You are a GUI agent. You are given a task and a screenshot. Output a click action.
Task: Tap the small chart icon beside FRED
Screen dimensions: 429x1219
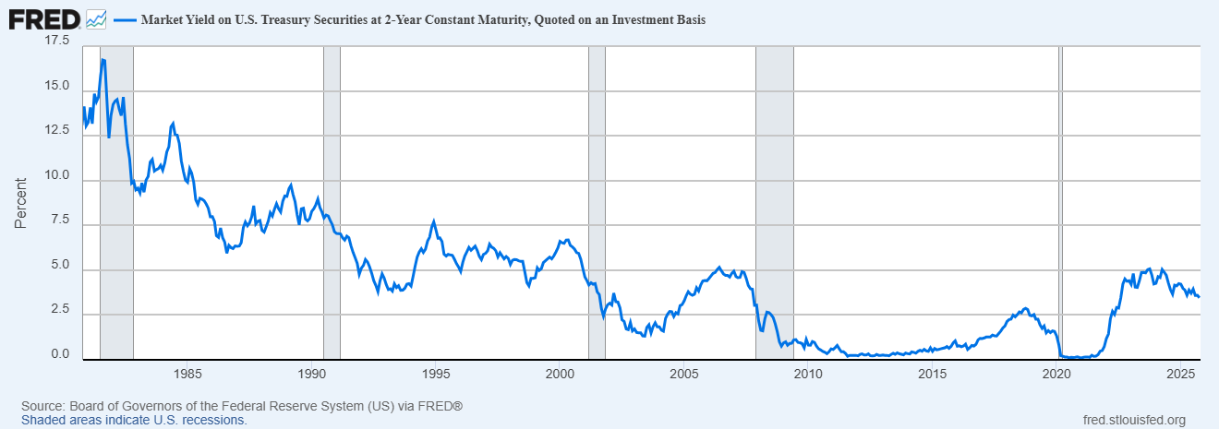pos(96,18)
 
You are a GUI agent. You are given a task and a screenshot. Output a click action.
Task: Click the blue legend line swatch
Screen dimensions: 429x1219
pos(124,19)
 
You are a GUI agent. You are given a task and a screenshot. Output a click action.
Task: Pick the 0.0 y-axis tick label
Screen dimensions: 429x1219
pos(61,354)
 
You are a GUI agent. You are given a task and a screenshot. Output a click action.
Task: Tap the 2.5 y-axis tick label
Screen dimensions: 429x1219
pos(61,309)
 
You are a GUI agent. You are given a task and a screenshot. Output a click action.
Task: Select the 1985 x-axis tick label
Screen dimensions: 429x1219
pos(187,374)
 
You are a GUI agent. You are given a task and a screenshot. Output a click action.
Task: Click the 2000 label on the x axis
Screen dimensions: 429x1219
pos(561,374)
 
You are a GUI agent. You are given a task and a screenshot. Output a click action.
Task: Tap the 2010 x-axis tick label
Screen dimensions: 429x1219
pos(808,374)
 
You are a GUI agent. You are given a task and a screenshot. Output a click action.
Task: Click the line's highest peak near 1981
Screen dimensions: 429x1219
pos(103,60)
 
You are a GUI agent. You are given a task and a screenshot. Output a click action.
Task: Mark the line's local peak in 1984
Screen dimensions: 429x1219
pos(173,123)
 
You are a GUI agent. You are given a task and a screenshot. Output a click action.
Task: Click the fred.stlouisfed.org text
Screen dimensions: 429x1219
pos(1133,420)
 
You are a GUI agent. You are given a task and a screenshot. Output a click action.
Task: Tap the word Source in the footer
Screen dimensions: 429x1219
pos(42,406)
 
